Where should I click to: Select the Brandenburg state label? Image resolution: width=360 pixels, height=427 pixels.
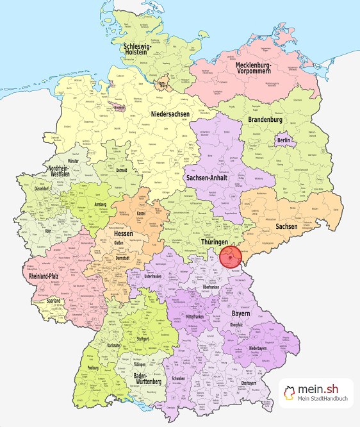tap(265, 120)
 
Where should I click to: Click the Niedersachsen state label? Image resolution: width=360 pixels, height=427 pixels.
tap(171, 114)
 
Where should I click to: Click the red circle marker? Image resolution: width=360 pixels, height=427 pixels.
tap(230, 258)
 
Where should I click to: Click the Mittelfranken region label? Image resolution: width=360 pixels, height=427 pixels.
tap(198, 316)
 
